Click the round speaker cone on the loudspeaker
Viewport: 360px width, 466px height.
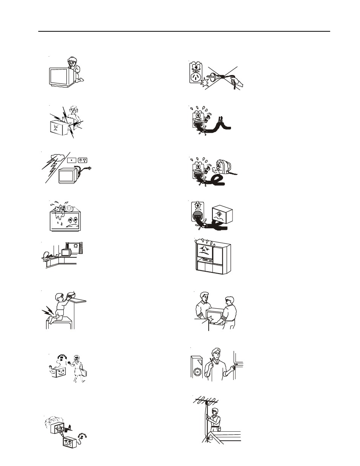click(x=197, y=372)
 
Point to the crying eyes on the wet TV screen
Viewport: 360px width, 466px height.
click(x=70, y=219)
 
